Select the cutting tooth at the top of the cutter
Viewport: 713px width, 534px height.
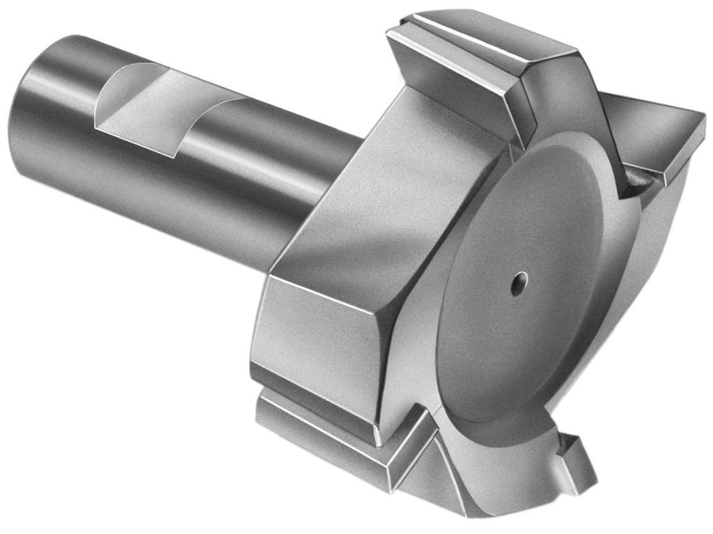(x=480, y=70)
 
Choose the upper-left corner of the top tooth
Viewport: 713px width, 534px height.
(x=394, y=31)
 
